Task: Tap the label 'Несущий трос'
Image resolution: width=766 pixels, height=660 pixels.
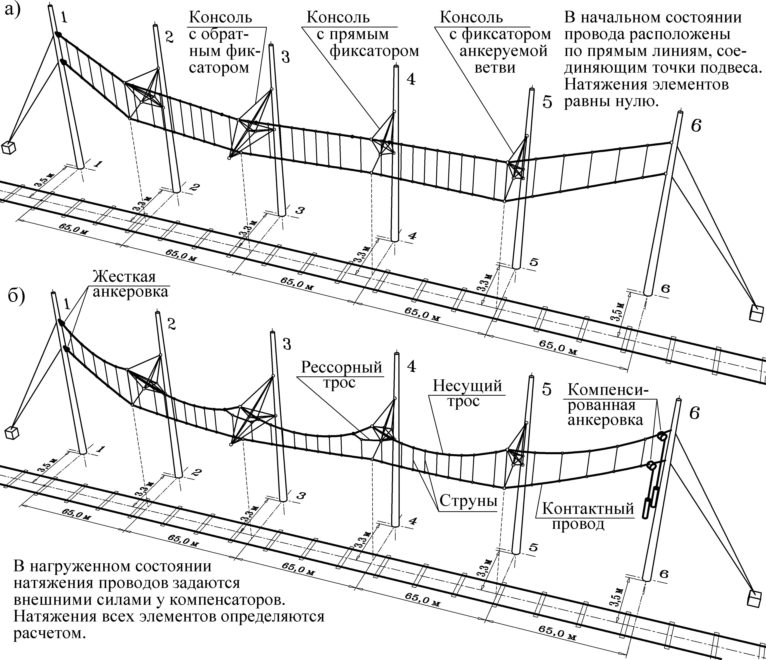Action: coord(467,394)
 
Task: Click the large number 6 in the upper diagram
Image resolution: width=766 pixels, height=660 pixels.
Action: coord(696,126)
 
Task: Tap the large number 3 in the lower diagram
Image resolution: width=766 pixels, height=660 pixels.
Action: coord(286,344)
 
